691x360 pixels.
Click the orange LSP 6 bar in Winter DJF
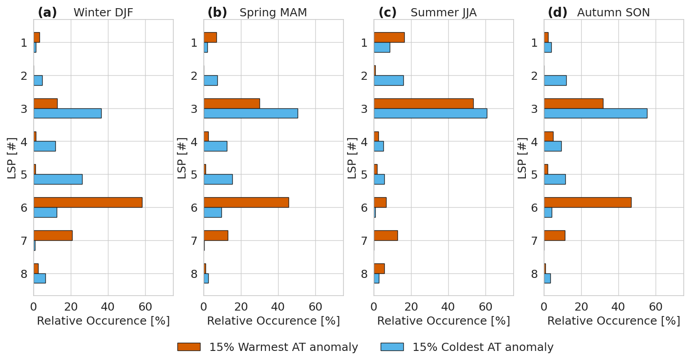coord(88,202)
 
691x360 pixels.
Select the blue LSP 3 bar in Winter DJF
coord(67,113)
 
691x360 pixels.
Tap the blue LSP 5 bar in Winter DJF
coord(58,179)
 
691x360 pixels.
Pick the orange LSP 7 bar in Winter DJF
coord(53,235)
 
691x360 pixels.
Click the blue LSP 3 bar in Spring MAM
coord(250,113)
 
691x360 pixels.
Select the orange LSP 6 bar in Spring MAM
coord(246,202)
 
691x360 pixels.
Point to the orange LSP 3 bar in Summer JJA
coord(423,103)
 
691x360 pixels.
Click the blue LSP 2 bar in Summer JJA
coord(388,80)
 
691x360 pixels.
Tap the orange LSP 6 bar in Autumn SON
coord(587,202)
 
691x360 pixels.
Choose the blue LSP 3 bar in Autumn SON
coord(595,113)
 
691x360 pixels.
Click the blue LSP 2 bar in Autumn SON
coord(555,80)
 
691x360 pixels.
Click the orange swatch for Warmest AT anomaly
coord(188,347)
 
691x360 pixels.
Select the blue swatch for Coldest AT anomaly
coord(392,347)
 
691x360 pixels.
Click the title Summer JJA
coord(443,13)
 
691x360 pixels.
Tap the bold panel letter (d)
coord(557,13)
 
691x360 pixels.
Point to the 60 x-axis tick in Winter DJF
coord(145,307)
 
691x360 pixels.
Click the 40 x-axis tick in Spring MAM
coord(278,307)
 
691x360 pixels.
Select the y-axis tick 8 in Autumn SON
coord(534,274)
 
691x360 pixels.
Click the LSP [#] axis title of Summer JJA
coord(353,158)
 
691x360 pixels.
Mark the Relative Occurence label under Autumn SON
coord(613,321)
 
